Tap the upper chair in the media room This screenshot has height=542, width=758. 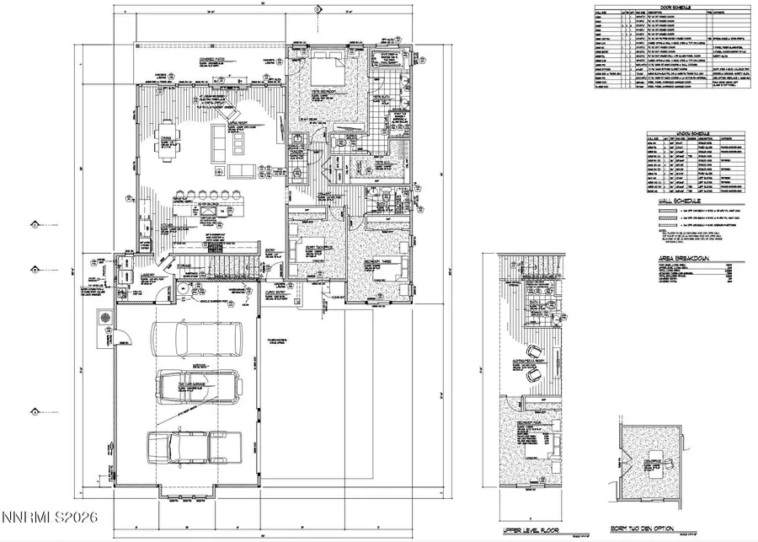click(532, 351)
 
